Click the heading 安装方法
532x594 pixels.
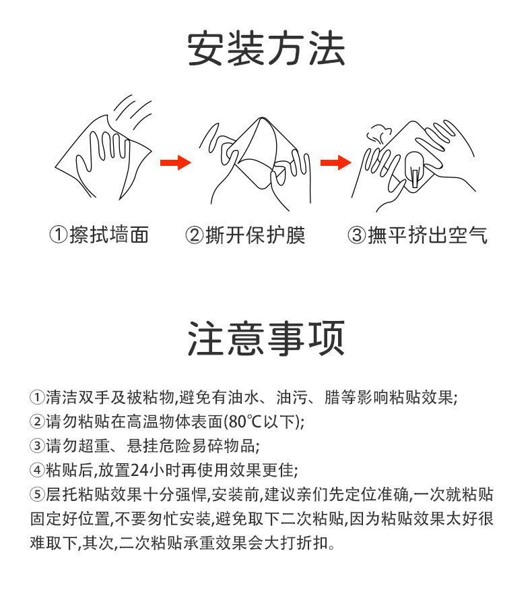[x=266, y=49]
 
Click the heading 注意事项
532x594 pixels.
[x=266, y=338]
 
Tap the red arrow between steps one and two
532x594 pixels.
[x=175, y=163]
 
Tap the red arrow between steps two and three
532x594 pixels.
[x=335, y=163]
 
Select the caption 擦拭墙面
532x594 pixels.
[x=109, y=235]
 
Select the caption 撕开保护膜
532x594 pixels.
[x=255, y=235]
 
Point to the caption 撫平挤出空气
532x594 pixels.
[x=428, y=235]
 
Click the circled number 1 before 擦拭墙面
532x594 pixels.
[x=59, y=235]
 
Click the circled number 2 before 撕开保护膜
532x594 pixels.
[x=195, y=235]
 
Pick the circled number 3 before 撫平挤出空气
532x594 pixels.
[x=357, y=235]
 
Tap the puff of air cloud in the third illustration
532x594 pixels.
[x=378, y=134]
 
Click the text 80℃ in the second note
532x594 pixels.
[x=245, y=421]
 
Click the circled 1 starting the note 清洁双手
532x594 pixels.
[x=37, y=397]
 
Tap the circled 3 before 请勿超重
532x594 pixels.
[x=37, y=446]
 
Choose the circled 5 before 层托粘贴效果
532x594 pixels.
[x=37, y=494]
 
